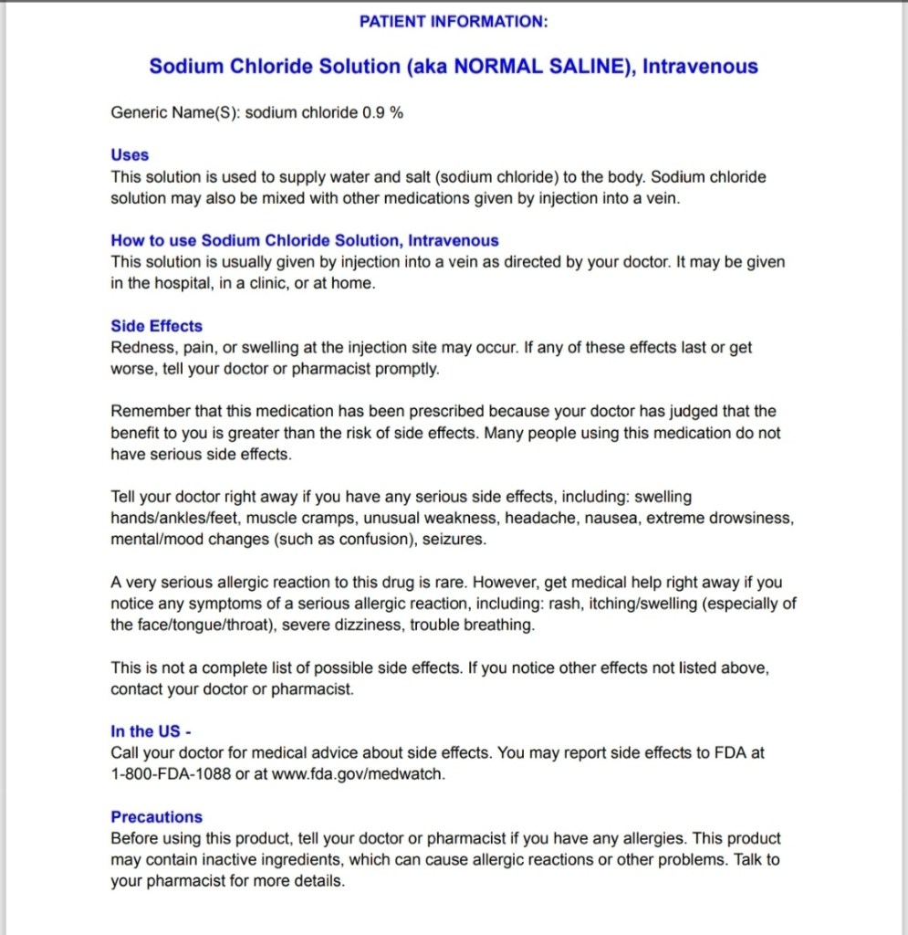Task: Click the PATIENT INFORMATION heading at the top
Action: (x=454, y=21)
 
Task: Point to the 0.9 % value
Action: (x=383, y=112)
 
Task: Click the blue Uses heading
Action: (x=130, y=155)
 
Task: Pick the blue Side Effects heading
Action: (x=156, y=326)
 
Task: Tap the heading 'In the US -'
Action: (x=151, y=731)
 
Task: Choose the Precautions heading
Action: (x=156, y=817)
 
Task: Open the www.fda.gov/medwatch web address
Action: (x=358, y=774)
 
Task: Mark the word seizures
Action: (x=456, y=540)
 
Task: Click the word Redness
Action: (x=138, y=348)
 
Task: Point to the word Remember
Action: (x=146, y=412)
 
